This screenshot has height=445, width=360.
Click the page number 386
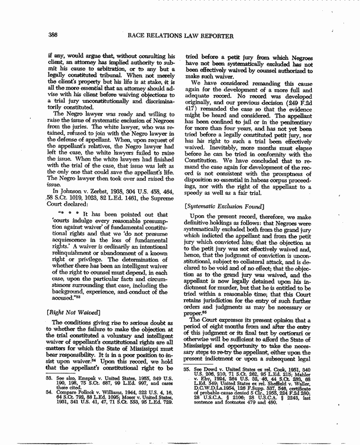53,35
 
